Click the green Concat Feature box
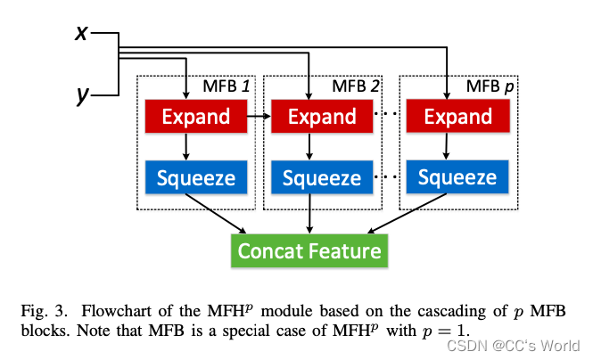pyautogui.click(x=309, y=250)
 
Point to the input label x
pyautogui.click(x=82, y=32)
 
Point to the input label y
pyautogui.click(x=82, y=94)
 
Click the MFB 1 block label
pyautogui.click(x=225, y=86)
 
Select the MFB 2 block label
pyautogui.click(x=356, y=86)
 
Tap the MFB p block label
pyautogui.click(x=490, y=86)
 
